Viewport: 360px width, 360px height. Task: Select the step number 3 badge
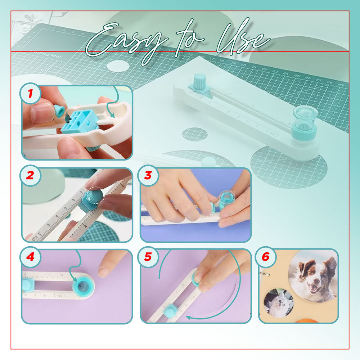coord(148,176)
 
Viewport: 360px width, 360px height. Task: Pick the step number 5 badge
coord(148,258)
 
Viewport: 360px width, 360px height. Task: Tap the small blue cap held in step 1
coord(59,111)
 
